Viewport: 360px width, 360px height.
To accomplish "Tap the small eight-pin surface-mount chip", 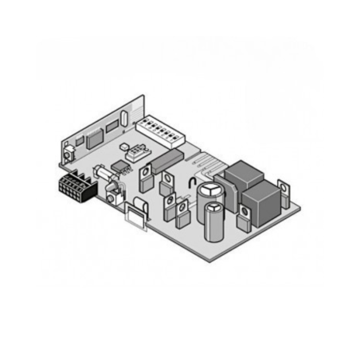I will pos(120,166).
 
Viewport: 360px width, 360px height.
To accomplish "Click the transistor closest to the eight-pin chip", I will pos(146,176).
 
